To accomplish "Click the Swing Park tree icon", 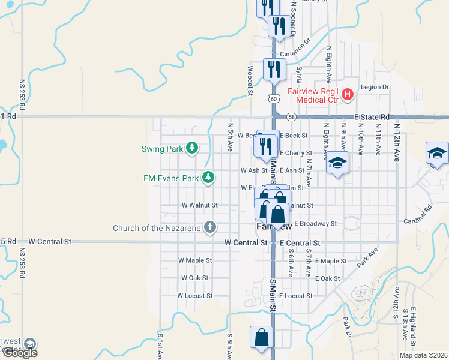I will point(191,148).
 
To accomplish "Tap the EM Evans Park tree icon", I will point(208,178).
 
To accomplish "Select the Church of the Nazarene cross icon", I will point(209,227).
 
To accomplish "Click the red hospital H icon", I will point(347,94).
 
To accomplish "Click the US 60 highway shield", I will point(273,98).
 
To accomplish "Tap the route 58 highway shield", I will point(292,116).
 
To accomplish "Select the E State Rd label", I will point(372,117).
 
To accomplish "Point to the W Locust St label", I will point(194,296).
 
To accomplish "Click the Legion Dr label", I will point(375,87).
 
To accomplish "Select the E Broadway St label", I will point(315,223).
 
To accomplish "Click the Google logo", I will point(20,352).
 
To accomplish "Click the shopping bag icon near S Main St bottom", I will point(262,338).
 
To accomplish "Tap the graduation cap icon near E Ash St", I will point(338,163).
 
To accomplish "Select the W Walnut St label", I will point(199,205).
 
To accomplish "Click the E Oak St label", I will point(327,278).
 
